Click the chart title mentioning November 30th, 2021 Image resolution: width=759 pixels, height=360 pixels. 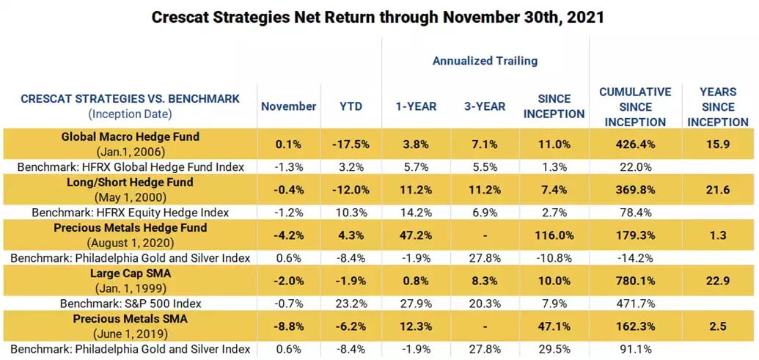(379, 16)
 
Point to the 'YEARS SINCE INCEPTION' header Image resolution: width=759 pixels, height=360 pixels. (719, 107)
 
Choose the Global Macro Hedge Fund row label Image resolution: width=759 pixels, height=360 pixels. (131, 136)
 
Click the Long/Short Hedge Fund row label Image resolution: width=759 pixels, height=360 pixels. (131, 182)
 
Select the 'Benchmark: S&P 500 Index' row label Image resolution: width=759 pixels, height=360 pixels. (131, 304)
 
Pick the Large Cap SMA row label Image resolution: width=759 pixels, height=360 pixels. (131, 273)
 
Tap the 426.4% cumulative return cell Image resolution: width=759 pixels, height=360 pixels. (635, 144)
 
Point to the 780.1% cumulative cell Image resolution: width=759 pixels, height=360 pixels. (635, 281)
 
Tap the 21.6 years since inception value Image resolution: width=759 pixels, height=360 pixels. (719, 190)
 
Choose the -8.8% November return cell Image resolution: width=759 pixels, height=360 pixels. (288, 326)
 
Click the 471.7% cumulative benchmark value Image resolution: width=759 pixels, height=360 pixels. (635, 304)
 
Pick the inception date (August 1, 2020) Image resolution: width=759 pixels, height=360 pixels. (131, 243)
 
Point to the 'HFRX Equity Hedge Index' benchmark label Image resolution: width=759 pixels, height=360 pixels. (152, 213)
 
